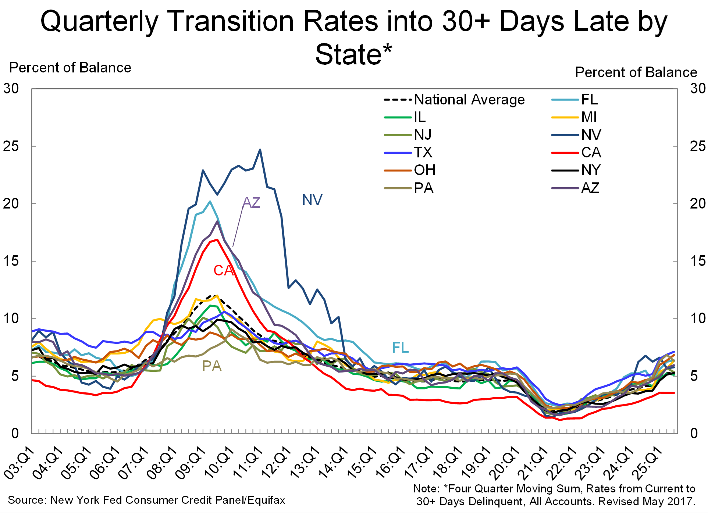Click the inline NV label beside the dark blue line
coord(312,200)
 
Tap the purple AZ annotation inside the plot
coord(252,203)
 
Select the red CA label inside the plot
coord(223,271)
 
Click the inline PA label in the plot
coord(212,366)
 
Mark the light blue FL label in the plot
coord(401,348)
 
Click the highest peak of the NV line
coord(260,150)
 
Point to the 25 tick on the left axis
coord(11,146)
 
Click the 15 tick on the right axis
coord(698,261)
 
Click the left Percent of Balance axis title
coord(70,68)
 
